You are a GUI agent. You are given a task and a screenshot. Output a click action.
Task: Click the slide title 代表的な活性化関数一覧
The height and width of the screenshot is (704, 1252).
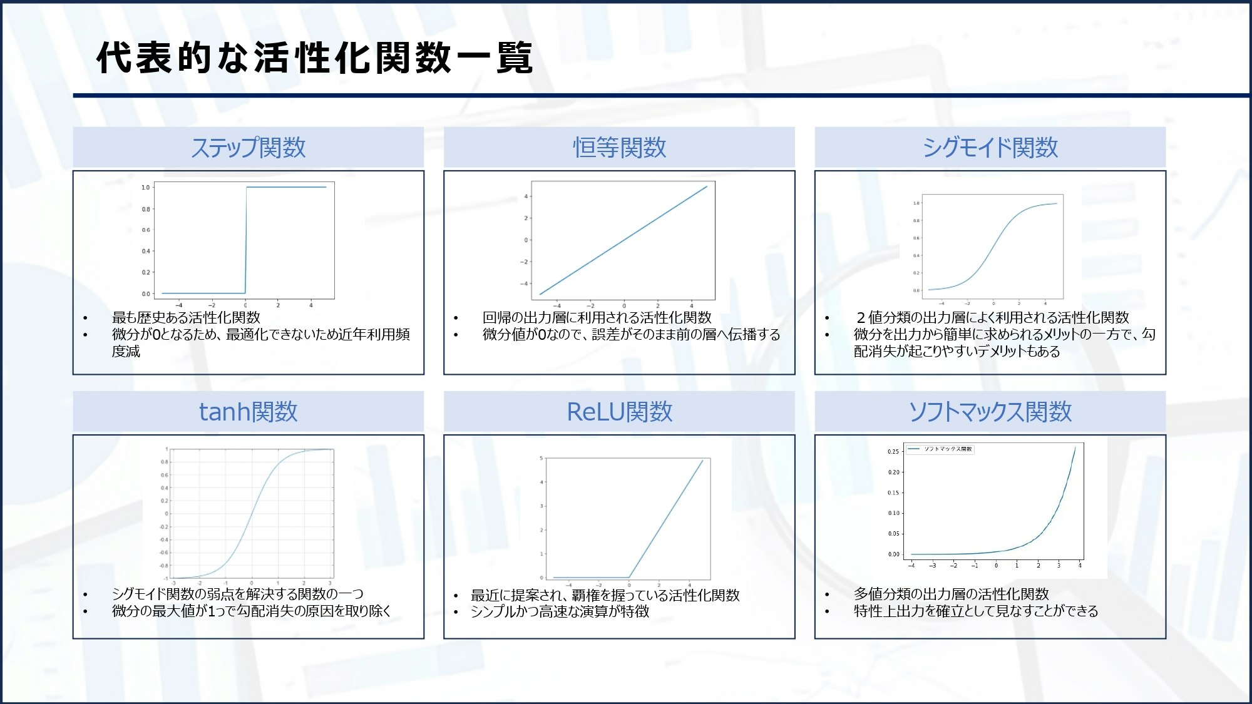[314, 58]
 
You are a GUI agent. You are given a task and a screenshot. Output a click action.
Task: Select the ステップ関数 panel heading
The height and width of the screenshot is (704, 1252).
[249, 148]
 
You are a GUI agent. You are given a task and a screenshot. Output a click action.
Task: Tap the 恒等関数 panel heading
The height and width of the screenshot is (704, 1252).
[619, 148]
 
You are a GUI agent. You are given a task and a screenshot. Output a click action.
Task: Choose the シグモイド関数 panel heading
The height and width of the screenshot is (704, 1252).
[990, 148]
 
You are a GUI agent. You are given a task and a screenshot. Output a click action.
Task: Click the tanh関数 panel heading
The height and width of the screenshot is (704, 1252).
[249, 412]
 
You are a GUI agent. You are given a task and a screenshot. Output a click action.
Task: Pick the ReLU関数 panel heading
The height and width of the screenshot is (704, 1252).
[619, 412]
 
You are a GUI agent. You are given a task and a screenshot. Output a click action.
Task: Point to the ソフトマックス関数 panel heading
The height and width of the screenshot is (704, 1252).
[990, 412]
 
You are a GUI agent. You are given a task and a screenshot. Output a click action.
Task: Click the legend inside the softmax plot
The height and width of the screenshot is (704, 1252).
[940, 449]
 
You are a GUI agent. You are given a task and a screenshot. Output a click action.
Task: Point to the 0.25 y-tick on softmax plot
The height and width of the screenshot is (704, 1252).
[893, 451]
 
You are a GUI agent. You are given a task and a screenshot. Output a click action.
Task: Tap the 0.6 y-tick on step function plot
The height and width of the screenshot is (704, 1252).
[146, 230]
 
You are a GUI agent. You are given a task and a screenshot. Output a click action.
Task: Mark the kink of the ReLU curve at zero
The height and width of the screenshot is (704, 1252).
[629, 577]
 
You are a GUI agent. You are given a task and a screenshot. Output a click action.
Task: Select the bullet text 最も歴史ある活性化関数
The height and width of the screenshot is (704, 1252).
[186, 317]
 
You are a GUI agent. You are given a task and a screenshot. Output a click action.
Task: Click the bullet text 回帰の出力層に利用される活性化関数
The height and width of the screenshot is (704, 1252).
[597, 317]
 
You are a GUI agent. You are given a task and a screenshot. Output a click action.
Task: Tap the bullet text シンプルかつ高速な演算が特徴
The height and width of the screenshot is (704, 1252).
[560, 611]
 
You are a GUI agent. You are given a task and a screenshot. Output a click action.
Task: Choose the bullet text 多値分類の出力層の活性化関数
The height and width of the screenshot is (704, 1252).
[951, 594]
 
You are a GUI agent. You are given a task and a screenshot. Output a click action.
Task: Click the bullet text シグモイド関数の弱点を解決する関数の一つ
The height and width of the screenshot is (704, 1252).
[237, 594]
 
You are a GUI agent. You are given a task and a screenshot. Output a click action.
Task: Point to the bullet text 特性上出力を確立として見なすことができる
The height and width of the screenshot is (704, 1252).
[976, 611]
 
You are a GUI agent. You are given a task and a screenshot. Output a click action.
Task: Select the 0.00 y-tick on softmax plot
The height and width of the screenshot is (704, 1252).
[893, 554]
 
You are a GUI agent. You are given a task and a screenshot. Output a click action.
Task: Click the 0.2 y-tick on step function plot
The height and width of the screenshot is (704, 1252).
[146, 272]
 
